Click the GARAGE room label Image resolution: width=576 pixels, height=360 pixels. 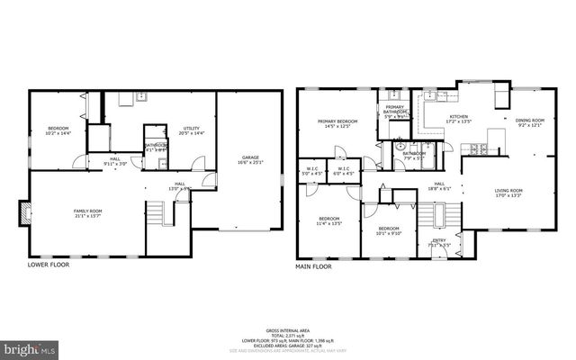coord(249,161)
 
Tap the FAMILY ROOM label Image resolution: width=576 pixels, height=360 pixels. coord(87,212)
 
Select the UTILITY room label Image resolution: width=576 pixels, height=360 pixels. coord(192,131)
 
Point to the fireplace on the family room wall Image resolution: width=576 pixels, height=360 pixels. coord(24,213)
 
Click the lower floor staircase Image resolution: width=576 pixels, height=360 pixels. coord(157,214)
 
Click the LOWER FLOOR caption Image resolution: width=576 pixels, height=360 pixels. coord(49,265)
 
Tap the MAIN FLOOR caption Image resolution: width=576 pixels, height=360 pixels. coord(315,266)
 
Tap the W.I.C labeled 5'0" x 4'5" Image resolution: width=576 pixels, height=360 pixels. coord(312,170)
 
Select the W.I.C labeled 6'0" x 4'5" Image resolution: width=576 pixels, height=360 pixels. coord(344,170)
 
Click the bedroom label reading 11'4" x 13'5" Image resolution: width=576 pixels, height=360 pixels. coord(330,221)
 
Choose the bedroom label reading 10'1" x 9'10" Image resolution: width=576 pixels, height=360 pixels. coord(388,231)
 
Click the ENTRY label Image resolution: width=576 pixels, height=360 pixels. coord(439,242)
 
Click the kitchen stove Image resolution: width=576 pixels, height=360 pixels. coord(495,136)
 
